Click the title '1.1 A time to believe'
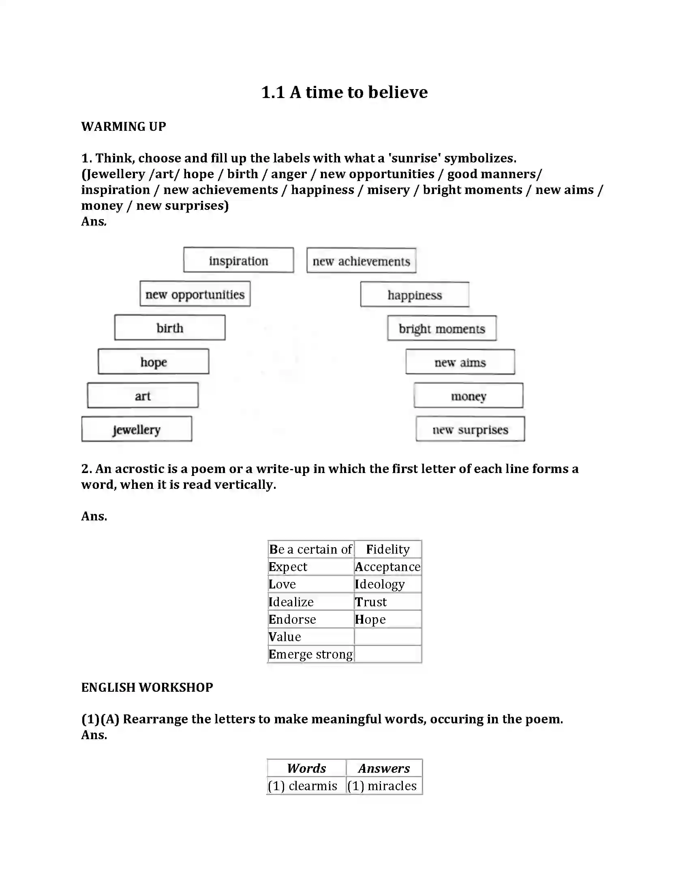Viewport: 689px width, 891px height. click(x=344, y=92)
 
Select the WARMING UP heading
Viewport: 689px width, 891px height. click(x=123, y=126)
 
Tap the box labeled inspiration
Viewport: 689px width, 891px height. click(x=238, y=260)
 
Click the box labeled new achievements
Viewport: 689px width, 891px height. click(x=361, y=261)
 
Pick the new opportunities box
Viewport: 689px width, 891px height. click(x=195, y=294)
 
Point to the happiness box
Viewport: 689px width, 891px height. click(x=414, y=294)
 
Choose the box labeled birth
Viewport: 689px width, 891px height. click(x=169, y=328)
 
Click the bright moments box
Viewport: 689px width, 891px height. click(x=442, y=328)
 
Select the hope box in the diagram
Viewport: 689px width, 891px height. click(x=153, y=361)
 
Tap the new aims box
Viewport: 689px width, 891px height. click(x=460, y=362)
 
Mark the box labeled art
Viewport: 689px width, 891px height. click(x=142, y=395)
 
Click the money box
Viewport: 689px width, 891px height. click(x=468, y=396)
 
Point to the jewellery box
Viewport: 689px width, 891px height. click(x=136, y=429)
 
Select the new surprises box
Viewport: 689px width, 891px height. click(x=470, y=429)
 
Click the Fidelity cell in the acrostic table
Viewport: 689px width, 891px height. click(x=387, y=549)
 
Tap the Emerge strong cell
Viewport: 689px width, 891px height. click(x=310, y=654)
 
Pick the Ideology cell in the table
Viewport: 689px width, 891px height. click(x=380, y=584)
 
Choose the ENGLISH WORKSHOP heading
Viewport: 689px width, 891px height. click(x=147, y=687)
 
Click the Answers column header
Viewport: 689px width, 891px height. click(x=384, y=768)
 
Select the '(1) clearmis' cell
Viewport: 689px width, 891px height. click(x=302, y=786)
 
